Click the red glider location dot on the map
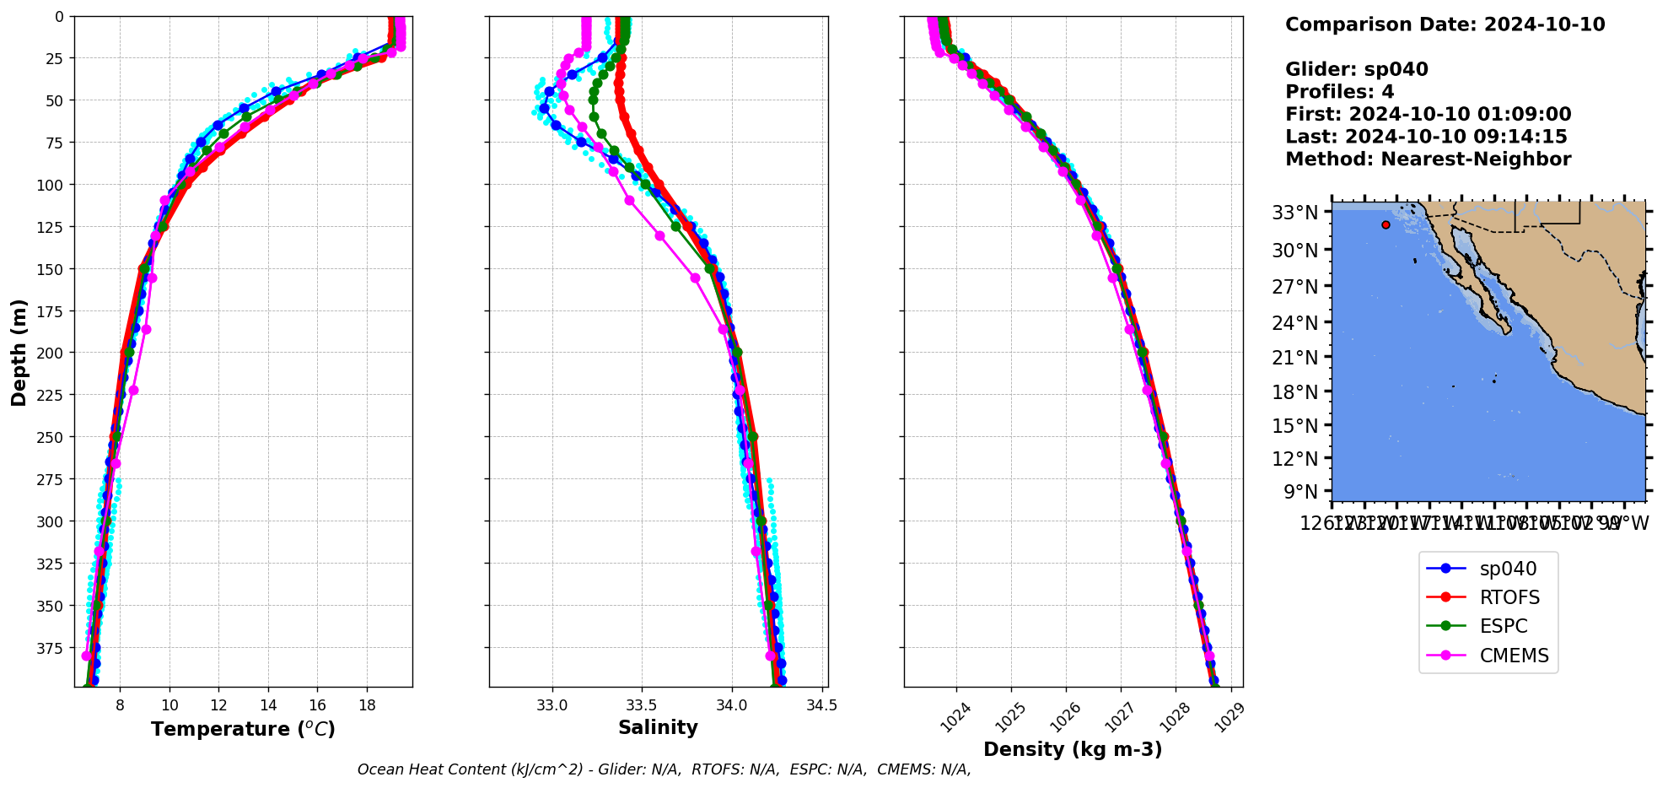(1386, 225)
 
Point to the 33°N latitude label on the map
(1294, 213)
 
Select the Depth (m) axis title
(19, 352)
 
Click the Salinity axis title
(658, 728)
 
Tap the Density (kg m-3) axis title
(1073, 749)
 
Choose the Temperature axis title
(243, 729)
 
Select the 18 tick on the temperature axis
(367, 705)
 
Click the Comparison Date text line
(1445, 24)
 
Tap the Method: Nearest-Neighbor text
(1428, 159)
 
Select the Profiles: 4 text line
(1339, 92)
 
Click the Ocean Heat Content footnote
(664, 769)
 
